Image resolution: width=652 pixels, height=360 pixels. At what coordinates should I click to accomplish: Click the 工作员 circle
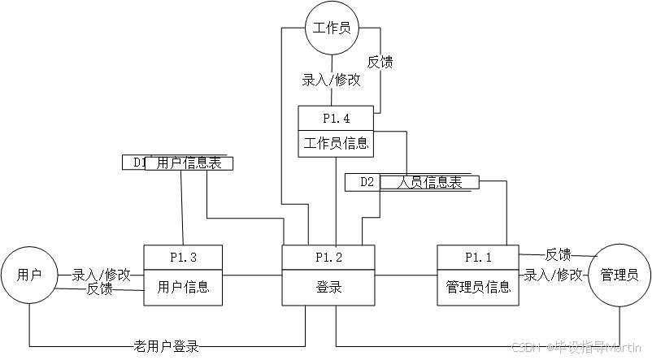331,28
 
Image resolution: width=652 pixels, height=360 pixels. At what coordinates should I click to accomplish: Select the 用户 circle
29,275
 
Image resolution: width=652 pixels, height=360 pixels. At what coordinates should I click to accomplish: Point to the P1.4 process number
336,119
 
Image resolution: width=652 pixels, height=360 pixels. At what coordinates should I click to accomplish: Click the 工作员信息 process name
336,145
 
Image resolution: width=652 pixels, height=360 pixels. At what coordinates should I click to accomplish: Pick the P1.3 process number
183,257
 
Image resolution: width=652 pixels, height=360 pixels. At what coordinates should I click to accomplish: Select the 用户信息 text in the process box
183,287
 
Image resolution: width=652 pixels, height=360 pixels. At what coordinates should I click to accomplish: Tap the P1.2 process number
328,257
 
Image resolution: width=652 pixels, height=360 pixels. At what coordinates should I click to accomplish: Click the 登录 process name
328,287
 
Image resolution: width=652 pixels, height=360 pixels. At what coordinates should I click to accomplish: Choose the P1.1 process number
478,257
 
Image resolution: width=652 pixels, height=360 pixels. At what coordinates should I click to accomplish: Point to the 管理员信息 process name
478,287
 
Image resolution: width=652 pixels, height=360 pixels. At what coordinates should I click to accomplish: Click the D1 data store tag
137,163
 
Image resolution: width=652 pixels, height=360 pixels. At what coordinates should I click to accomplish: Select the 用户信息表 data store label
189,163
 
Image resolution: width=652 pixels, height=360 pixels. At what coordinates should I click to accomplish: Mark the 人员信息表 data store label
429,182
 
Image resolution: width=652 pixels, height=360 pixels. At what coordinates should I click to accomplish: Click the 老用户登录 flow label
166,346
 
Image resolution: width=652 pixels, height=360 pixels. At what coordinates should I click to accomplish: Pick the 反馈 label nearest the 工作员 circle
380,63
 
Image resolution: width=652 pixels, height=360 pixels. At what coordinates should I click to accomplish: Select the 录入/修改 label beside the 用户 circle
101,275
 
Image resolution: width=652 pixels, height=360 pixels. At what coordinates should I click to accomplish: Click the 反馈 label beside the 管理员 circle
558,255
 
